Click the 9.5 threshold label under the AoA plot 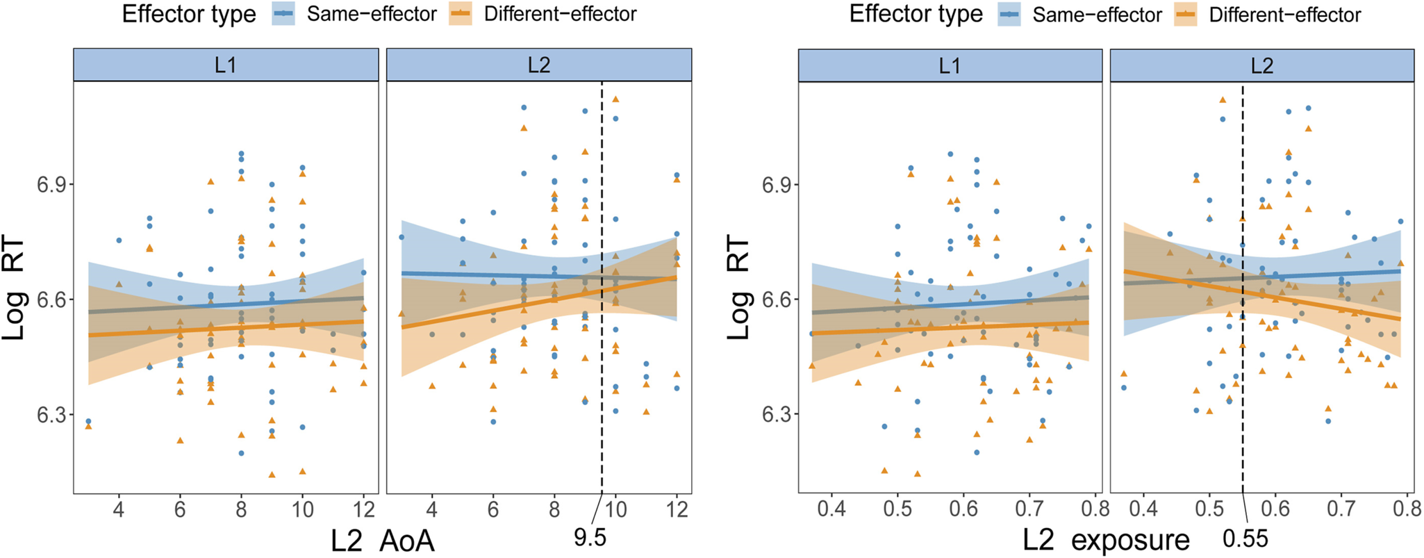point(590,537)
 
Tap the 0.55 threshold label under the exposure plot point(1245,539)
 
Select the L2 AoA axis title point(383,541)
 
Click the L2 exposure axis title point(1107,541)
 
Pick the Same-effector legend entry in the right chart point(1080,14)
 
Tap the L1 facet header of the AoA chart point(226,65)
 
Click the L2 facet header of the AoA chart point(539,65)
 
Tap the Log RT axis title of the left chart point(15,290)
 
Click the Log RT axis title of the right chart point(739,290)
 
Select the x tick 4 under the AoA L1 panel point(119,509)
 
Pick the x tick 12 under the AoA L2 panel point(677,509)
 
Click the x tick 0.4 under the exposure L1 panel point(831,509)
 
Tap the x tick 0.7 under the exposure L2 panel point(1341,509)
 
